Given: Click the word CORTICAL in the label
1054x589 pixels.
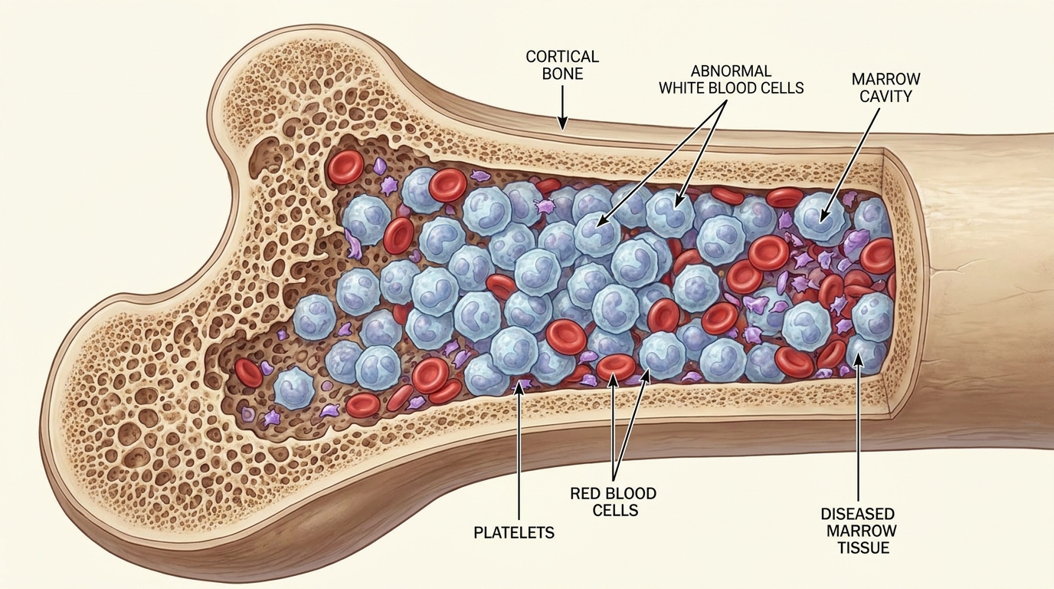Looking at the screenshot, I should pos(562,57).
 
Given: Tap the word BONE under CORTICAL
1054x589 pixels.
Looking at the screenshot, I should pos(562,74).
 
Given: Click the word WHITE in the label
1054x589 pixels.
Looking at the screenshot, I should pos(689,88).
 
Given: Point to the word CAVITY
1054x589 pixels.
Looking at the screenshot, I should pos(885,97).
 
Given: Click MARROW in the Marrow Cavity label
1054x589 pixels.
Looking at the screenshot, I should pos(885,79).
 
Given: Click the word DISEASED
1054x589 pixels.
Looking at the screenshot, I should pos(857,513).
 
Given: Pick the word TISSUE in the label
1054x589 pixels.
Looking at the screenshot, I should pos(857,548).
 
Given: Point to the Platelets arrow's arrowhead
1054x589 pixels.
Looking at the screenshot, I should pos(519,387).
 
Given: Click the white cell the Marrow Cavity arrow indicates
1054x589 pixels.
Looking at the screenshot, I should pos(820,219).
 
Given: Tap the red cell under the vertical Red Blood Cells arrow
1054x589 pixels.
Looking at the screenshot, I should pos(614,367).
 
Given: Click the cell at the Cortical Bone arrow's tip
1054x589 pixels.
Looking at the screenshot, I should pos(562,131).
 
